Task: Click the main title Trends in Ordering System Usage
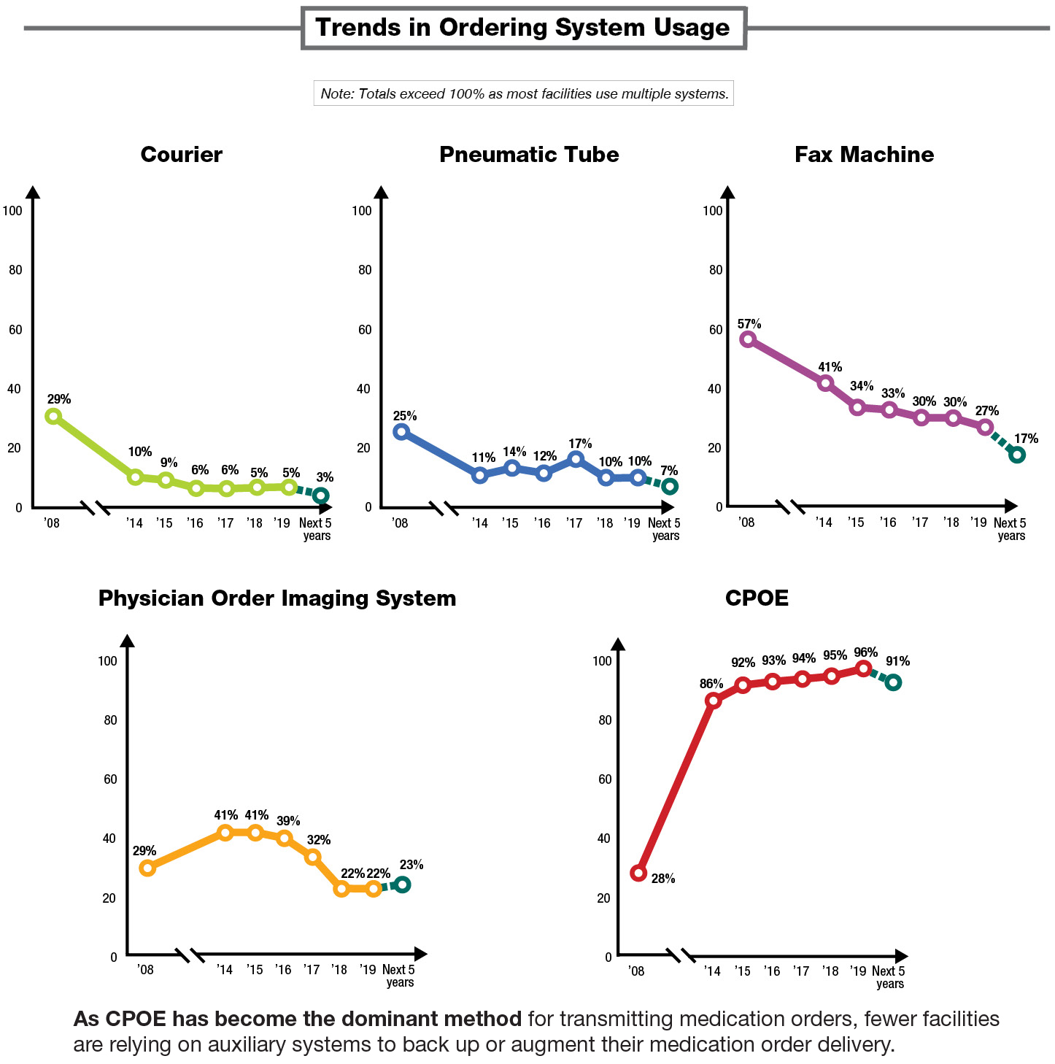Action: [x=522, y=28]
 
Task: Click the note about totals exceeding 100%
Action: [x=524, y=93]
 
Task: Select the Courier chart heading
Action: [x=181, y=155]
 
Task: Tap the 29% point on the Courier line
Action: [x=53, y=416]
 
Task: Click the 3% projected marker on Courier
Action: [x=320, y=496]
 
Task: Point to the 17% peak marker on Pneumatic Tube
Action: [x=576, y=459]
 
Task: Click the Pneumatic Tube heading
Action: [x=529, y=155]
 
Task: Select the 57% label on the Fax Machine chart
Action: [x=749, y=324]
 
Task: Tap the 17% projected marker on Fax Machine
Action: [x=1017, y=455]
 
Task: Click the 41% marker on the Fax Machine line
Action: [x=826, y=383]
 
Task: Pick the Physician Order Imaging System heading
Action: [x=277, y=598]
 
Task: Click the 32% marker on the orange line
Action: [x=313, y=857]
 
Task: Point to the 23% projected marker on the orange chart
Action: [x=402, y=884]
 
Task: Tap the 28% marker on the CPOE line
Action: [x=638, y=873]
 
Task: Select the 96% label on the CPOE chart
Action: [x=865, y=652]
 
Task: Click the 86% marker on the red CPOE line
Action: [x=714, y=700]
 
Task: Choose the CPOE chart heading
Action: [x=757, y=598]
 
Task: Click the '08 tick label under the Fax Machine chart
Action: [x=746, y=523]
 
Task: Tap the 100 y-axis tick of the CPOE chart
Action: [x=602, y=661]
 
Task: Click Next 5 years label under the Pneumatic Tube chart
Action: [x=664, y=529]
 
